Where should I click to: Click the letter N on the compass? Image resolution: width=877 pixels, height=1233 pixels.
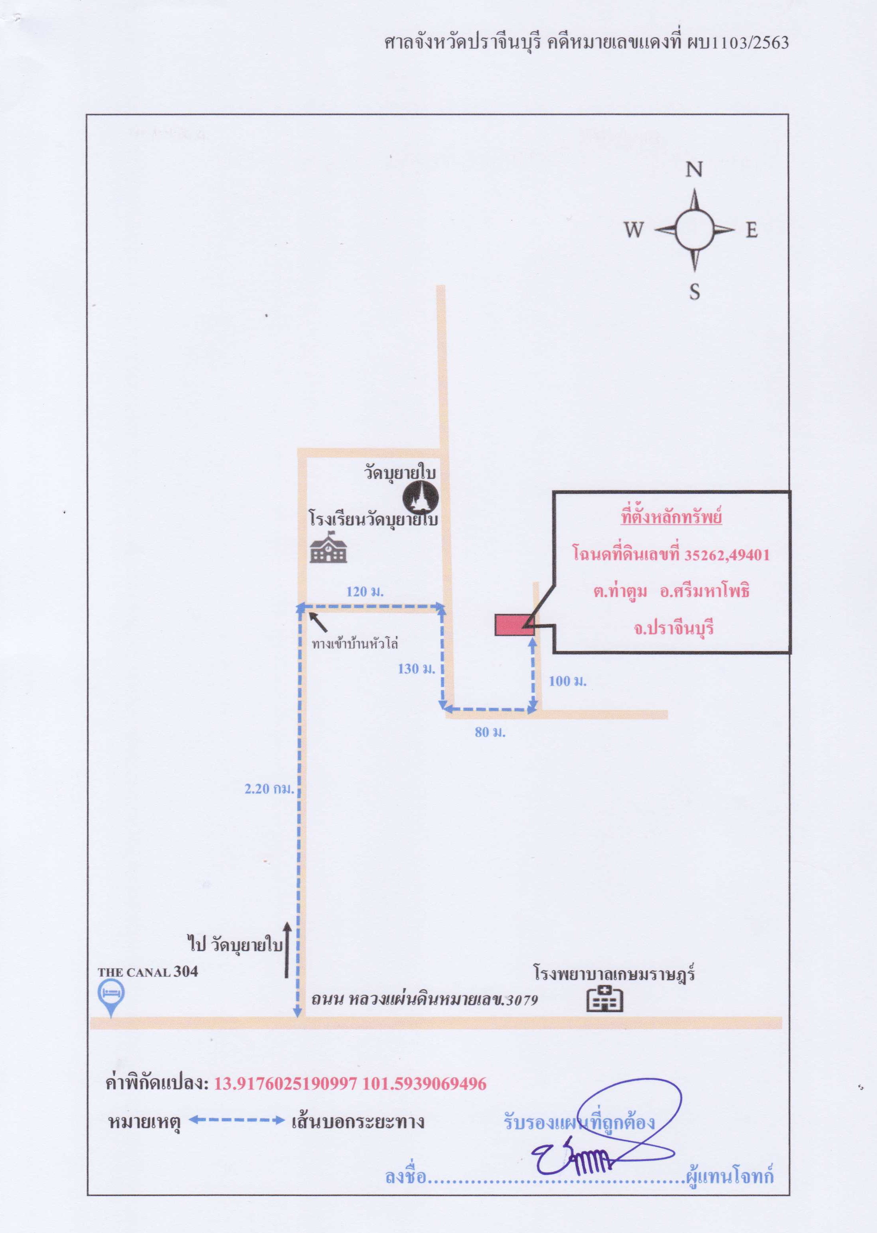click(x=694, y=170)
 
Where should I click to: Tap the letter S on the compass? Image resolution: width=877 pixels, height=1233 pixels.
click(x=694, y=291)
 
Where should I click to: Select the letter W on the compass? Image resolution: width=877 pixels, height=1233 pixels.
click(x=634, y=230)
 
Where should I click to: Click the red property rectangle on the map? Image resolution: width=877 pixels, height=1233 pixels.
click(x=515, y=624)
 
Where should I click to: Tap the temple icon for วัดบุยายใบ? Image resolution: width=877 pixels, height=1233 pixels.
click(x=421, y=497)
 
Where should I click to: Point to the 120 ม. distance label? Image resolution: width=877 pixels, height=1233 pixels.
click(x=365, y=591)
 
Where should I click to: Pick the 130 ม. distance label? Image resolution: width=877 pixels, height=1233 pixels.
click(x=416, y=669)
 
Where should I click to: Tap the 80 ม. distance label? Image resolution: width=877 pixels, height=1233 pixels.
click(x=490, y=732)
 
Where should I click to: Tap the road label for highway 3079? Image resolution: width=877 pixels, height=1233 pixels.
click(x=424, y=999)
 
